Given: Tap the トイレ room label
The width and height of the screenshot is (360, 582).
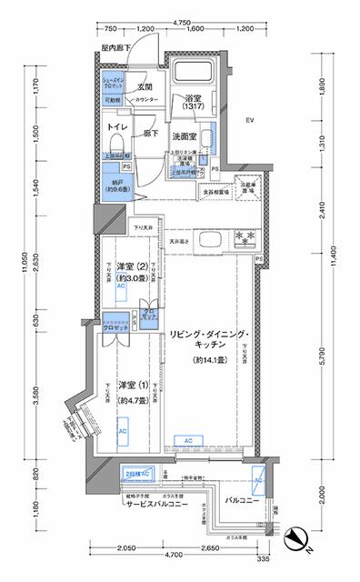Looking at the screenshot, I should (115, 128).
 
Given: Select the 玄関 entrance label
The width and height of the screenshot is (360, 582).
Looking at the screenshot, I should (143, 87).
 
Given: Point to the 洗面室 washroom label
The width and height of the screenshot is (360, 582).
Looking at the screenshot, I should (187, 137).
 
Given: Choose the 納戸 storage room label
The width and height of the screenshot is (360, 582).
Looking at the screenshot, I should (114, 188).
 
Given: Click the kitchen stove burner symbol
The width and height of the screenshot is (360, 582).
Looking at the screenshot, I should (244, 238).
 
